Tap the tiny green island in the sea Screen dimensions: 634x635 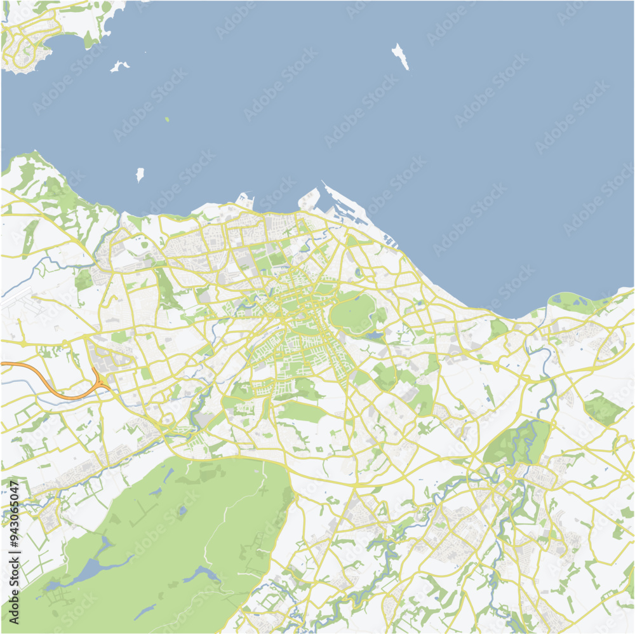[x=167, y=119]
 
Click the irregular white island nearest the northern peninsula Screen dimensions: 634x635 [x=119, y=65]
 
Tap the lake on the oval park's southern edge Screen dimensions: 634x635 [x=375, y=335]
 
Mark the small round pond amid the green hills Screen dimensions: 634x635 [x=182, y=509]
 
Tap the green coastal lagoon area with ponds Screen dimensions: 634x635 [x=575, y=302]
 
